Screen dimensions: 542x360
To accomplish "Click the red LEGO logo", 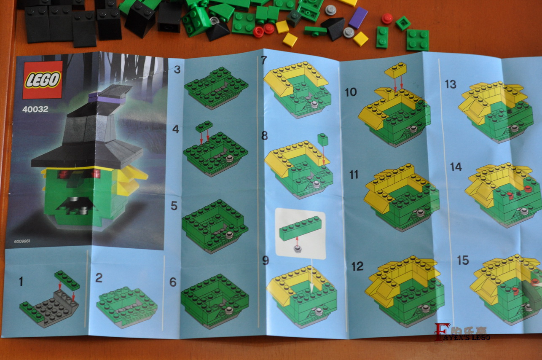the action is [42, 80].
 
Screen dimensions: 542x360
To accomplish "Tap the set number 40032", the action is [35, 109].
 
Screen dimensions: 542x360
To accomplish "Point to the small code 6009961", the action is [22, 241].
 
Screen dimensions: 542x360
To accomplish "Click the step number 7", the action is [264, 60].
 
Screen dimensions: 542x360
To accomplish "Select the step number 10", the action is [351, 92].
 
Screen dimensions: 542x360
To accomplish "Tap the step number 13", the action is [451, 84].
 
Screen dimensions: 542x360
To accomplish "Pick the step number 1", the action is [21, 282].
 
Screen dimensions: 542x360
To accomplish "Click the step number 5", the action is [174, 206].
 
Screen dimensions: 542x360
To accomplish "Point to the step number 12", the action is [357, 266].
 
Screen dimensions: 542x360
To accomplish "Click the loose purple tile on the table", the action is [358, 18].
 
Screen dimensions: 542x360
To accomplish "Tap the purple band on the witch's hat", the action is [107, 99].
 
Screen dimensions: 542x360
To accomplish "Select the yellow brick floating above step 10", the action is [395, 70].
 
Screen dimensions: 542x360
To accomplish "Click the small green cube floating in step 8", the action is [323, 140].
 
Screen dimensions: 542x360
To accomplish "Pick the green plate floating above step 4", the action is [204, 126].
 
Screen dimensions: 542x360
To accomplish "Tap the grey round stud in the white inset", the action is [298, 249].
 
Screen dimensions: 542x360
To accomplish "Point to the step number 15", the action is [463, 261].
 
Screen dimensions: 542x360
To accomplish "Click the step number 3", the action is [177, 70].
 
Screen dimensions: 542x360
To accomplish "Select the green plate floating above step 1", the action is [67, 280].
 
